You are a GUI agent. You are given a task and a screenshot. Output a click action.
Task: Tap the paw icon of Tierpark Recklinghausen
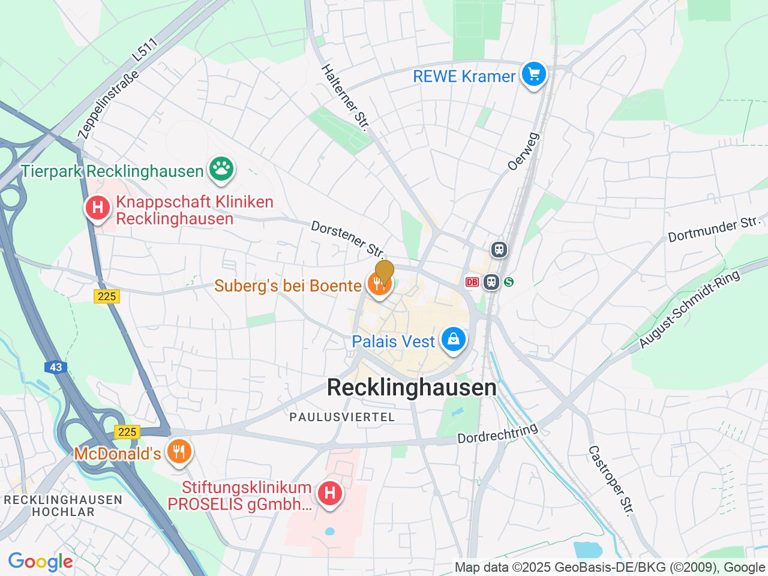(x=221, y=170)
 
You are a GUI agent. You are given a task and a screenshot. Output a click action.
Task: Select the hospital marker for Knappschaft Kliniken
(x=97, y=208)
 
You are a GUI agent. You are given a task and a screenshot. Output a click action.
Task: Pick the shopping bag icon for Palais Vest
(x=454, y=340)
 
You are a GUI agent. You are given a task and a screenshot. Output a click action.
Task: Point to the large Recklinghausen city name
(x=412, y=388)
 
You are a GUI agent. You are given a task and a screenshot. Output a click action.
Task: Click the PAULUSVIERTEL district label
(x=342, y=416)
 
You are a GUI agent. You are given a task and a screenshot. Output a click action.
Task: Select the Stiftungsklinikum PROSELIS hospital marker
(x=329, y=494)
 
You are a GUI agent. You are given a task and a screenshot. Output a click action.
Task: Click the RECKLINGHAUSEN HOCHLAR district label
(x=63, y=506)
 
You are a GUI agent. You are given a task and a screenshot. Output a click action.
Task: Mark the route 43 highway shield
(x=56, y=367)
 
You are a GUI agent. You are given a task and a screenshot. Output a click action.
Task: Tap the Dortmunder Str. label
(x=714, y=230)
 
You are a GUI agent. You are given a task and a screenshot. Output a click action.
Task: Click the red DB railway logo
(x=473, y=281)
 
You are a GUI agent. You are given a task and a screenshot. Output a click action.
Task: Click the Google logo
(x=40, y=562)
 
